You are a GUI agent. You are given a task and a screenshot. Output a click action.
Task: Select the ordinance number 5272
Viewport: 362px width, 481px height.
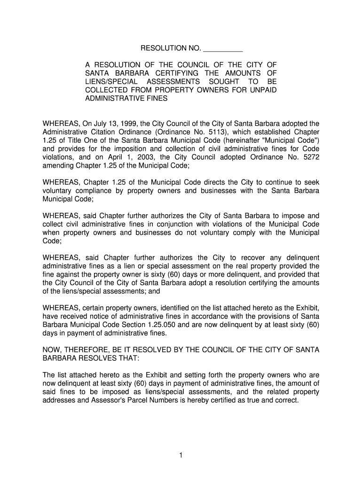point(310,158)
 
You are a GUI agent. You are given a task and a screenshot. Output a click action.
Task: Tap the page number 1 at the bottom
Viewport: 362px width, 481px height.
point(181,455)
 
